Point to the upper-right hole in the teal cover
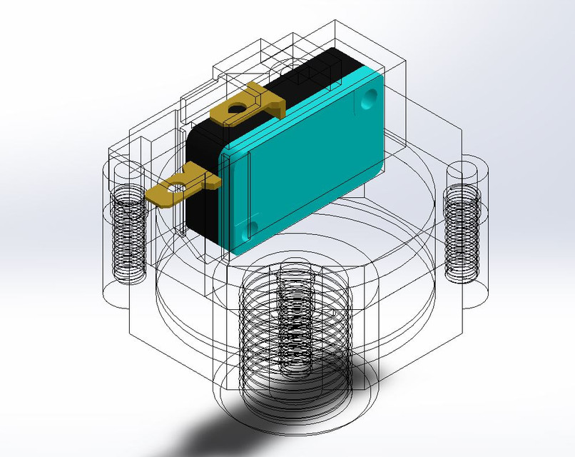point(369,96)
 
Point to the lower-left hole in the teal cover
point(249,229)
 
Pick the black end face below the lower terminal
point(200,214)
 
